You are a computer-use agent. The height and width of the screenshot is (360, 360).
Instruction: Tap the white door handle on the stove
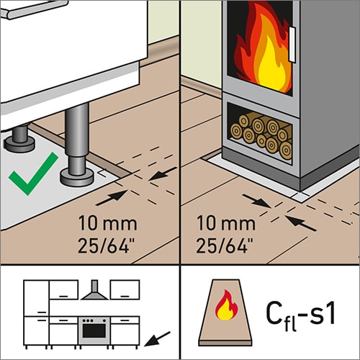(292, 45)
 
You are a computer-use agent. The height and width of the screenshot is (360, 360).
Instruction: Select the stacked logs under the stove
(261, 136)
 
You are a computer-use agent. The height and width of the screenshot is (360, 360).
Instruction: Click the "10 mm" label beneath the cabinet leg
(108, 223)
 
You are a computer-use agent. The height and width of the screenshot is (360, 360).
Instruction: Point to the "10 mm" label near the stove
(226, 223)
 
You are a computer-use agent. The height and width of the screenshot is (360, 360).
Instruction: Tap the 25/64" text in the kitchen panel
(107, 246)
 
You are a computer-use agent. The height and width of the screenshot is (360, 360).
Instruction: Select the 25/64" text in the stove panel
(225, 246)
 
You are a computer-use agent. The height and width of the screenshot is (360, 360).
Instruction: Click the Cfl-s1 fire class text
(301, 315)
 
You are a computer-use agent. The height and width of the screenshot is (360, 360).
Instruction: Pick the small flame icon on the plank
(226, 305)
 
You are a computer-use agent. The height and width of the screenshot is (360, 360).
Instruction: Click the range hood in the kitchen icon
(94, 290)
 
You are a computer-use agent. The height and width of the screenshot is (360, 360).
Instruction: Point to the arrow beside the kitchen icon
(157, 339)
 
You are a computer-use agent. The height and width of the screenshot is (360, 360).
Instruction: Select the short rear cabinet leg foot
(19, 144)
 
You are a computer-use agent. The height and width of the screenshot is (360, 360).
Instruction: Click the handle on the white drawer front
(36, 9)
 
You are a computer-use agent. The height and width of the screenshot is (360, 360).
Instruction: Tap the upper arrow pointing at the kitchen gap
(163, 174)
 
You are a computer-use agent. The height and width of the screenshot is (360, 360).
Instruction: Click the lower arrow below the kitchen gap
(112, 198)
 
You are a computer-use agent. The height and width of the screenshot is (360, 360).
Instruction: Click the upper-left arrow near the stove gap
(257, 201)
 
